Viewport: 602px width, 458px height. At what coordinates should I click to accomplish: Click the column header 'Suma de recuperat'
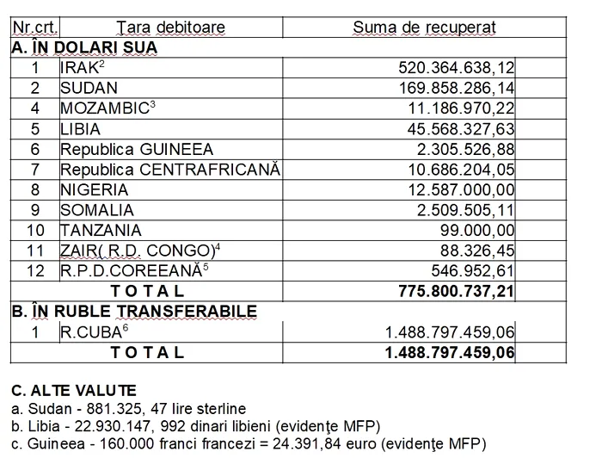click(x=424, y=28)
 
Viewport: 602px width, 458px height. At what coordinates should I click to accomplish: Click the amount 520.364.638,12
click(x=456, y=67)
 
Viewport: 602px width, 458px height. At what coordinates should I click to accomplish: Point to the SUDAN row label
click(x=89, y=88)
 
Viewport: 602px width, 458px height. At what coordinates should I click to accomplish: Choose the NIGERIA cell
click(x=94, y=190)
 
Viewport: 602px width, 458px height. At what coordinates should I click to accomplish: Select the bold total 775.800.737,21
click(x=456, y=292)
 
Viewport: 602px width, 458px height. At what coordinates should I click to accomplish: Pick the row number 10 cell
click(x=35, y=231)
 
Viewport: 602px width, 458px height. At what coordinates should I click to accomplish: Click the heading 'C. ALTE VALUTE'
click(x=73, y=391)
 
